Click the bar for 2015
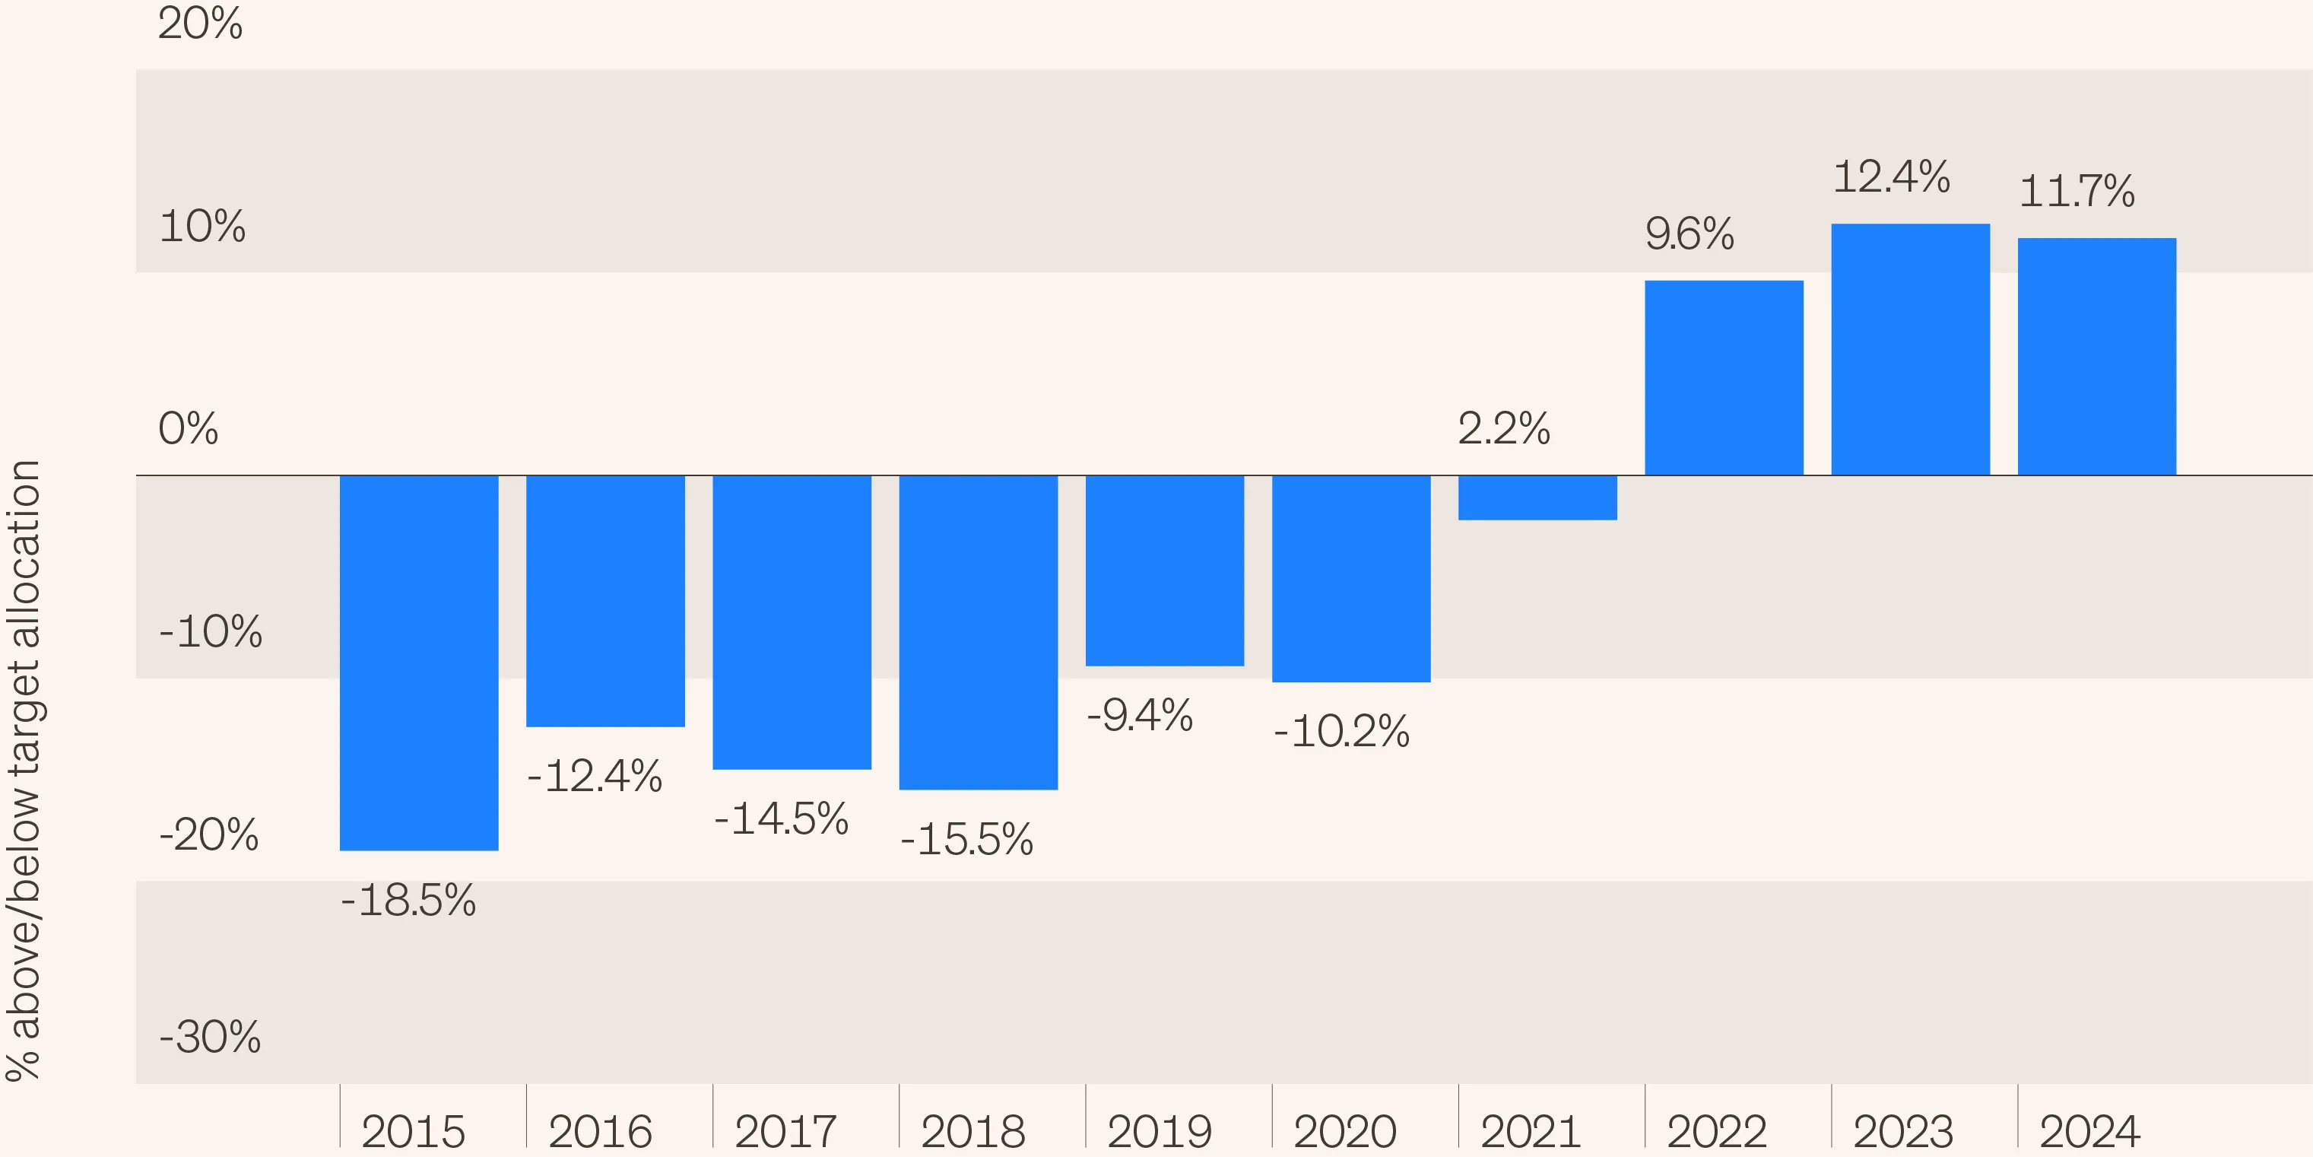(418, 662)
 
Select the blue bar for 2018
(978, 632)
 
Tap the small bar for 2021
(1537, 497)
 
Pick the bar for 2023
(1910, 349)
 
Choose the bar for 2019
(1165, 571)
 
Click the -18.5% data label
(408, 900)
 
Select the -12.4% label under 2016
(595, 776)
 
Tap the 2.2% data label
(1504, 428)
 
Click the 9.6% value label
(1689, 234)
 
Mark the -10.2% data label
(1341, 731)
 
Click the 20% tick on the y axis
(200, 24)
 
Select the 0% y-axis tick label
(189, 428)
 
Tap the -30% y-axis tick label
(210, 1037)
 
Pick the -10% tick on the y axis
(210, 631)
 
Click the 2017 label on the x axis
(785, 1131)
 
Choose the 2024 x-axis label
(2089, 1131)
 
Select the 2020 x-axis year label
(1344, 1131)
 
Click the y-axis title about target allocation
(24, 770)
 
